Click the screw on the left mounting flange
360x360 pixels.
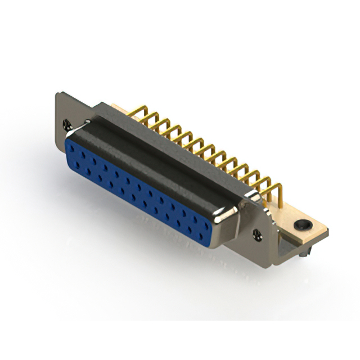click(x=68, y=120)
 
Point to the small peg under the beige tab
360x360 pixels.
click(x=304, y=254)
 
